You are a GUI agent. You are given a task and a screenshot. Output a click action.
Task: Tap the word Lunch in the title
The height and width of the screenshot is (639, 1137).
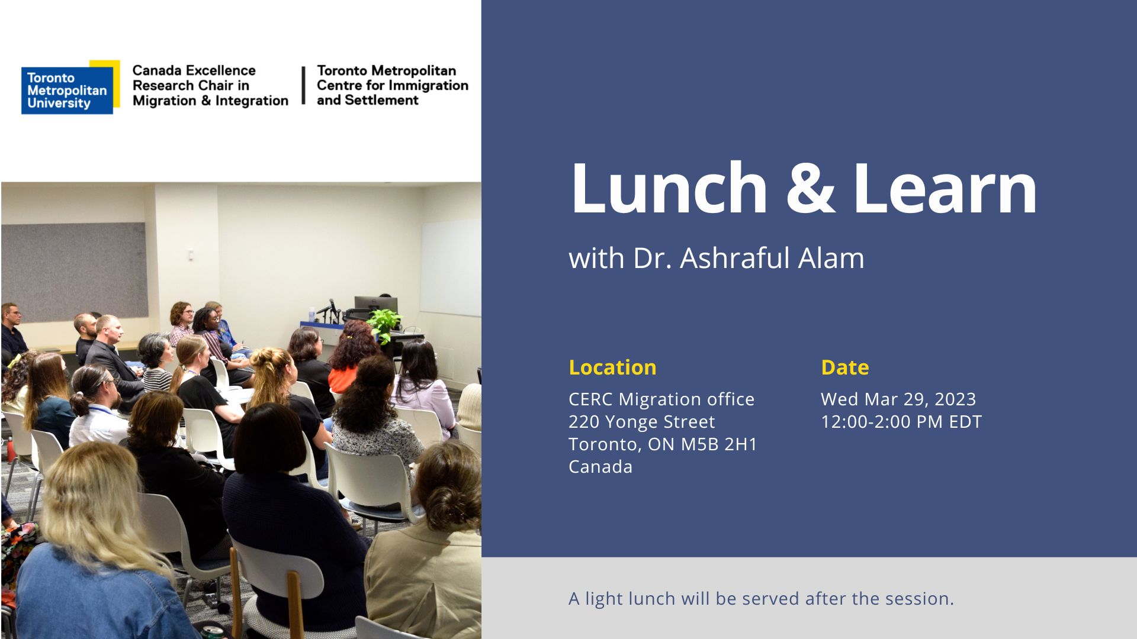click(669, 188)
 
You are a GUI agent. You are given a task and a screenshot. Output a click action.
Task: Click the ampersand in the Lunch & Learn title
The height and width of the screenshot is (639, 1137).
click(810, 188)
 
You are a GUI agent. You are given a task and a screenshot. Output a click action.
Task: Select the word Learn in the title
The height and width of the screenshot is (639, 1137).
click(945, 188)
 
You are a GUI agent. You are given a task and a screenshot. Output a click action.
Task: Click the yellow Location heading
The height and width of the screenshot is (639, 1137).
click(612, 367)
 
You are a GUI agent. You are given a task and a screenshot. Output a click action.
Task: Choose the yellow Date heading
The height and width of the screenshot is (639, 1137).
click(845, 367)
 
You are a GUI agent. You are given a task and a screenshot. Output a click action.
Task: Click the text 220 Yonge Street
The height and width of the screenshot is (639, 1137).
click(642, 422)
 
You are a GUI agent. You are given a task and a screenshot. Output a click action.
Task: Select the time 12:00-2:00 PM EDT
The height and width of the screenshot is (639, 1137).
click(901, 422)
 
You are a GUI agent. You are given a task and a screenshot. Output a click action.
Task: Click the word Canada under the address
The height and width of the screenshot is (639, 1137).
click(600, 467)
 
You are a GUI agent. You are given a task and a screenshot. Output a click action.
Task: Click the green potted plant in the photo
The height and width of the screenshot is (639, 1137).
click(384, 325)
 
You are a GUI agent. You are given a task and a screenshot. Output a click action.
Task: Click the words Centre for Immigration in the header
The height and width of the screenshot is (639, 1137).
click(393, 85)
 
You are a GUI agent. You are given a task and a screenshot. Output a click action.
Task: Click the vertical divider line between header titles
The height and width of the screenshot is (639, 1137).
click(303, 85)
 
